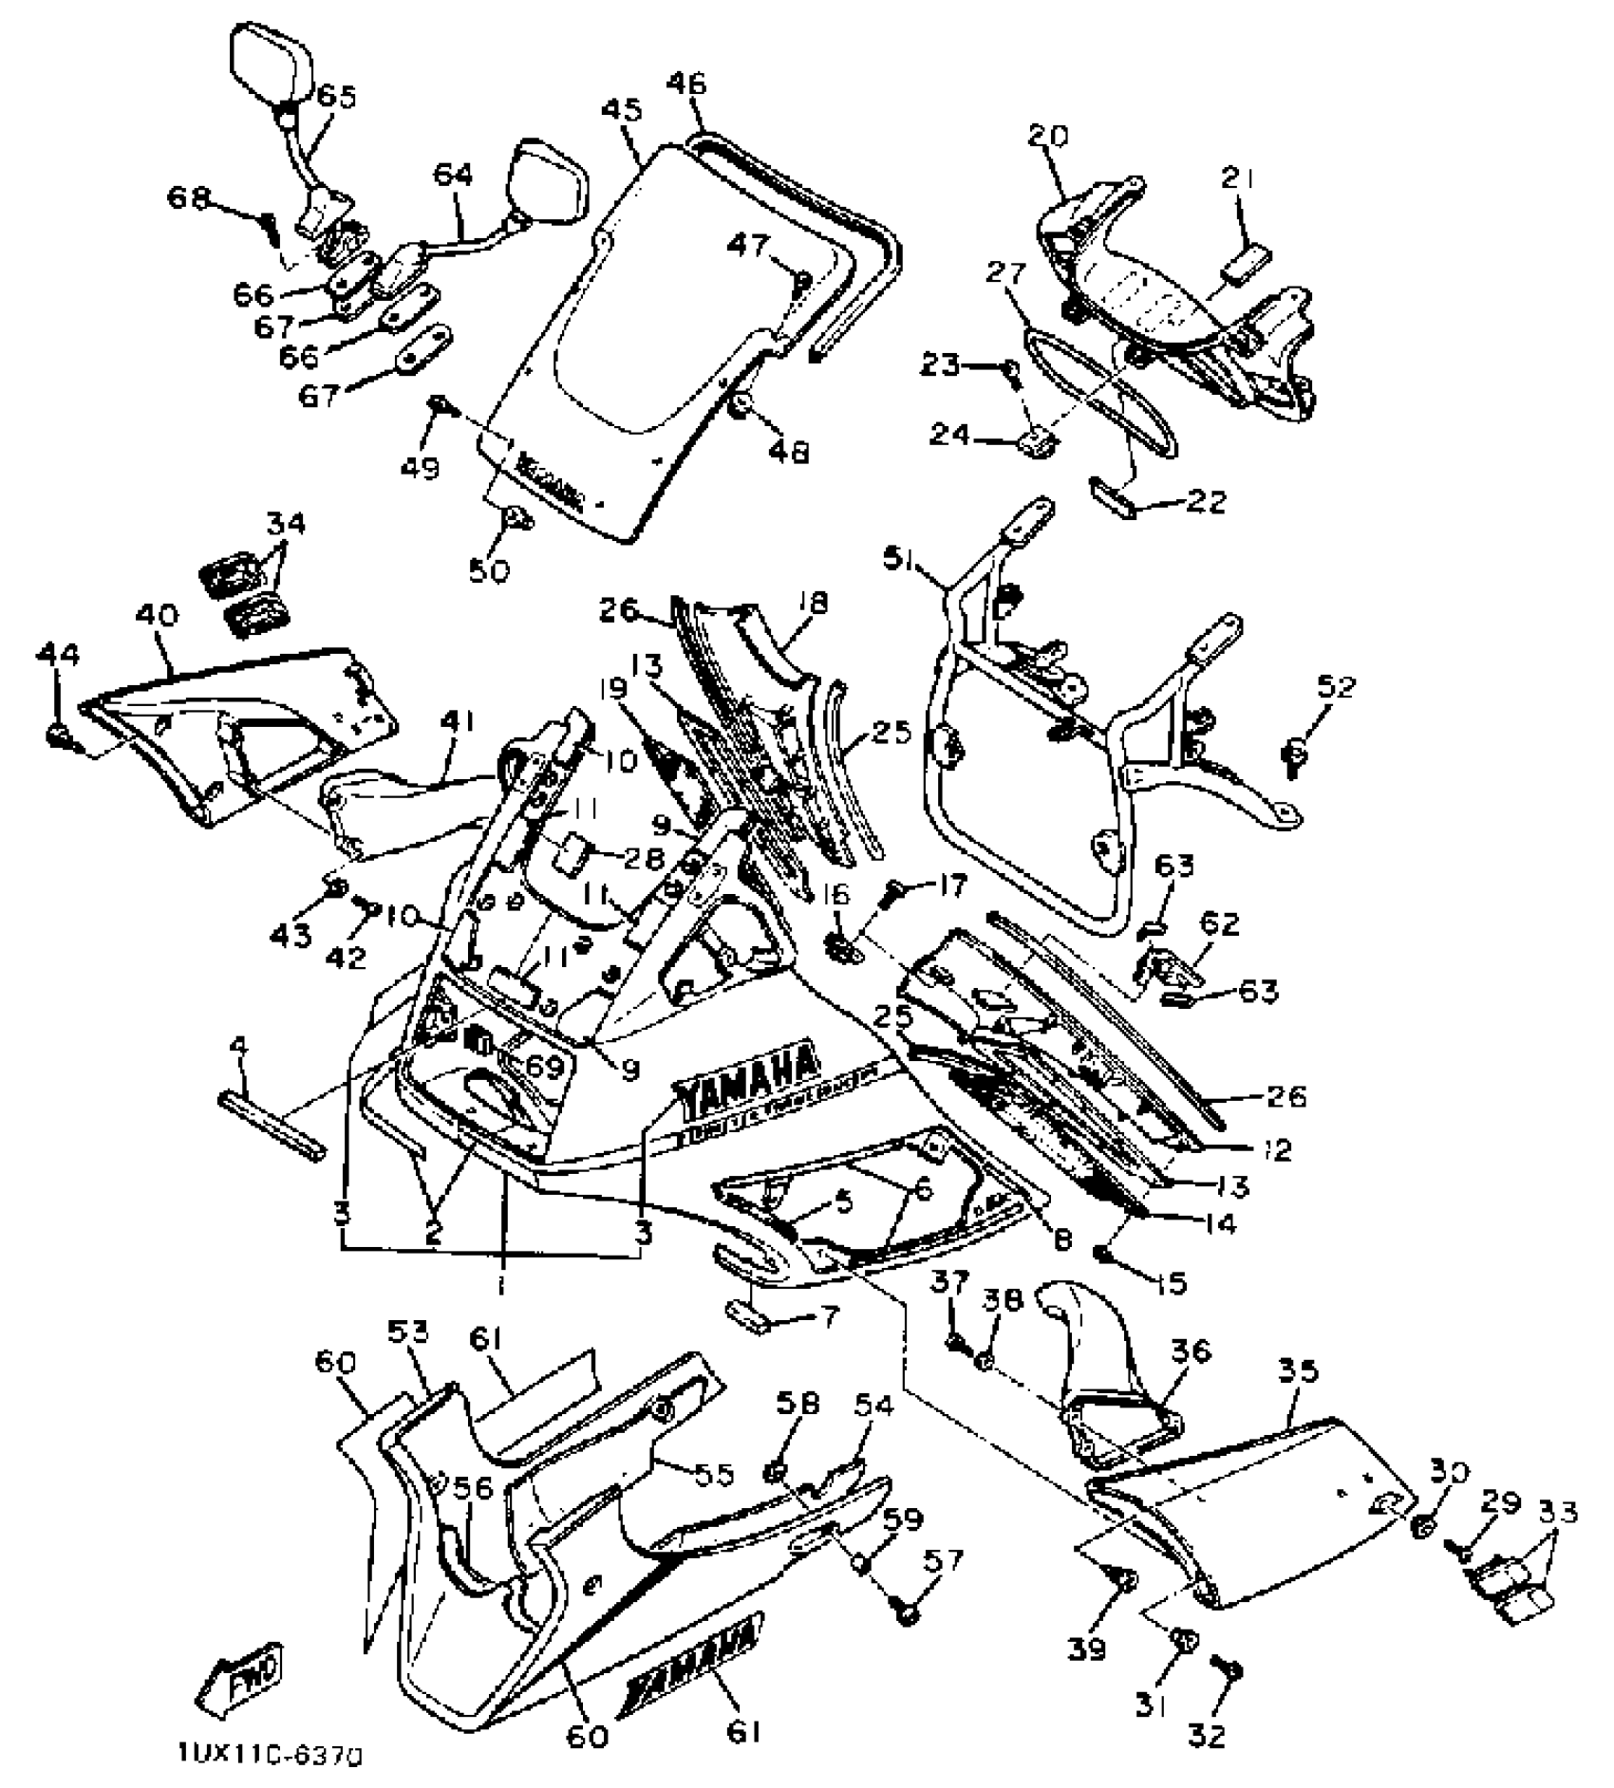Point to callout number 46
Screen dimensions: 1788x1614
(686, 85)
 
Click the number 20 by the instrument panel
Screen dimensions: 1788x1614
(1047, 136)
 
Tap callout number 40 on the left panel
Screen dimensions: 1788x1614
(157, 617)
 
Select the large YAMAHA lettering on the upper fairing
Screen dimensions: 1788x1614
(747, 1079)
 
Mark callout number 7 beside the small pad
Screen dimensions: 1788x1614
(830, 1318)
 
